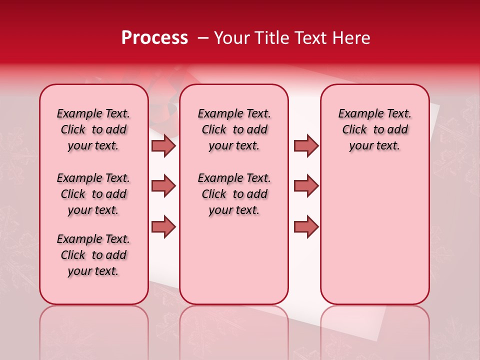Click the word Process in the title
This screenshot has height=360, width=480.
point(154,38)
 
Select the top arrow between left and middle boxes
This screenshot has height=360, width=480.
point(163,146)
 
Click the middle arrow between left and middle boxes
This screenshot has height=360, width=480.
point(163,186)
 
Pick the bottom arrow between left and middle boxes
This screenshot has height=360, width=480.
point(163,226)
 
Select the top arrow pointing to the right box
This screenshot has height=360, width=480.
point(306,146)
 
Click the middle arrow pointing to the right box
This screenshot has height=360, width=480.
point(306,186)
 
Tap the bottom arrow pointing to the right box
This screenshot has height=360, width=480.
point(306,226)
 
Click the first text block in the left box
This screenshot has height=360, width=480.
point(93,129)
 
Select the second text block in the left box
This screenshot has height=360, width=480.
point(93,194)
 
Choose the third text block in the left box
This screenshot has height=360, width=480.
point(93,255)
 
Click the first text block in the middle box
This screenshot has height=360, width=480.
point(234,129)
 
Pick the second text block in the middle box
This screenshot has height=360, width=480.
point(234,194)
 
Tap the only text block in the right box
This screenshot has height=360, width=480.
point(375,129)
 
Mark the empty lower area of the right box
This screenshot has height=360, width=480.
point(375,235)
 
